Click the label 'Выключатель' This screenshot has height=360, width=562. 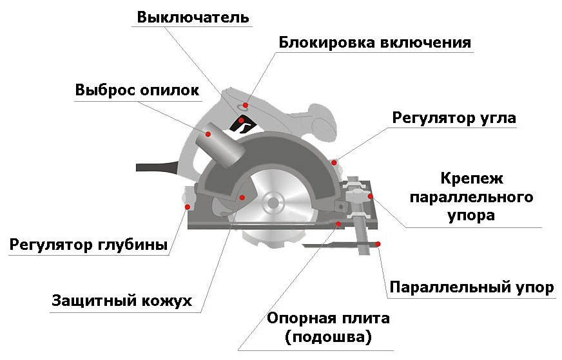click(x=192, y=16)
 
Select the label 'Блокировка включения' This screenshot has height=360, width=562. click(x=375, y=43)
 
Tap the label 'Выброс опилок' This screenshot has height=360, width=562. click(x=137, y=90)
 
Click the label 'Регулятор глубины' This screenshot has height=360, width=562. click(x=89, y=245)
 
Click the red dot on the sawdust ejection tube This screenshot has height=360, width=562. click(x=209, y=134)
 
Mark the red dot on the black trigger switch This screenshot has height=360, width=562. click(x=241, y=120)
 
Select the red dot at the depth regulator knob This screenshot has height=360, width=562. click(x=188, y=206)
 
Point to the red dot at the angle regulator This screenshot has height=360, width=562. click(x=334, y=162)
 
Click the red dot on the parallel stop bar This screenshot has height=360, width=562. click(x=378, y=244)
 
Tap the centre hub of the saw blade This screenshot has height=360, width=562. click(x=273, y=202)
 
